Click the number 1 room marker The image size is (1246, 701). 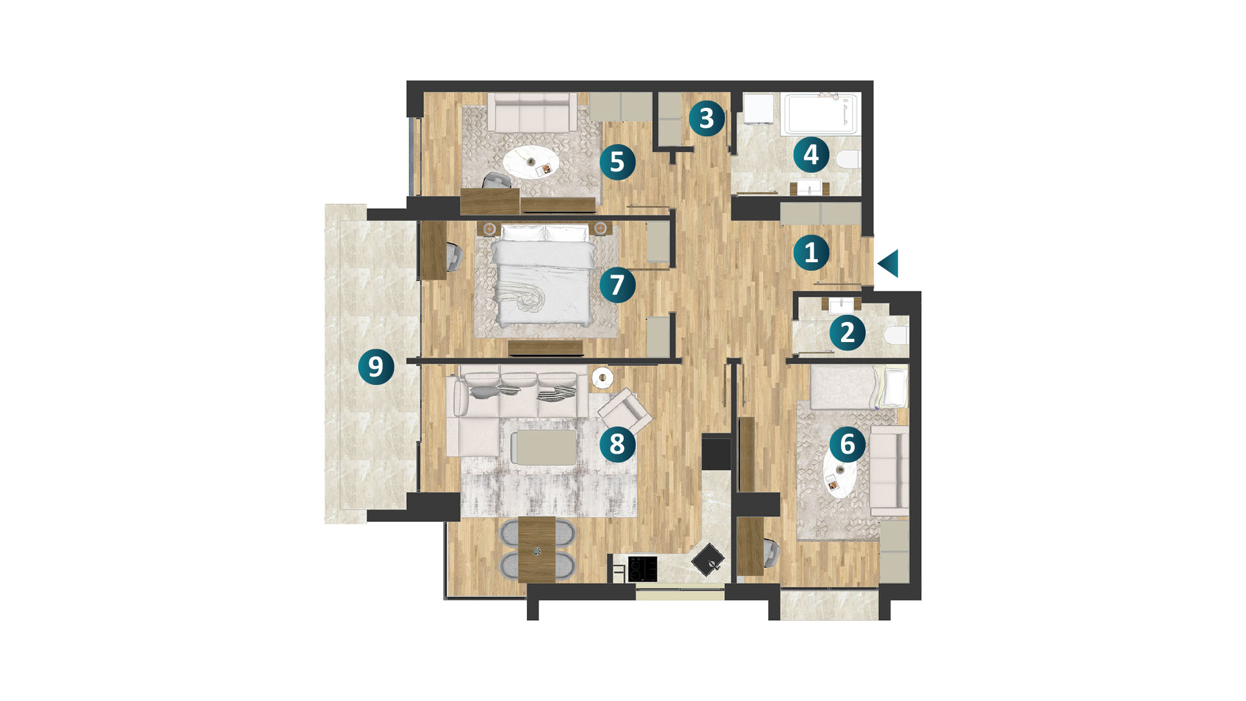point(811,252)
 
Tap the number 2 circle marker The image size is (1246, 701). point(848,332)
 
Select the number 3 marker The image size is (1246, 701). point(707,118)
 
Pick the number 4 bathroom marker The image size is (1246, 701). point(811,155)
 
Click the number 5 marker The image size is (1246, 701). point(617,162)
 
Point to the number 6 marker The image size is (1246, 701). point(848,444)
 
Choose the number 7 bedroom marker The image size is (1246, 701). point(617,284)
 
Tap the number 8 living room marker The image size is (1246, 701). point(617,444)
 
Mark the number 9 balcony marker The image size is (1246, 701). point(376,367)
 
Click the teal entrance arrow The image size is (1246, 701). point(889,264)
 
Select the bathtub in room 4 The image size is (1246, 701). point(821,114)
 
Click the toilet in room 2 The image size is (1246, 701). point(896,336)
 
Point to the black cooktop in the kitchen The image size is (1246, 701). point(642,569)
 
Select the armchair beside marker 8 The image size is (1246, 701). point(624,412)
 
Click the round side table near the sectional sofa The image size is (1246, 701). point(603,377)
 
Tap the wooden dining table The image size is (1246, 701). point(537,549)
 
